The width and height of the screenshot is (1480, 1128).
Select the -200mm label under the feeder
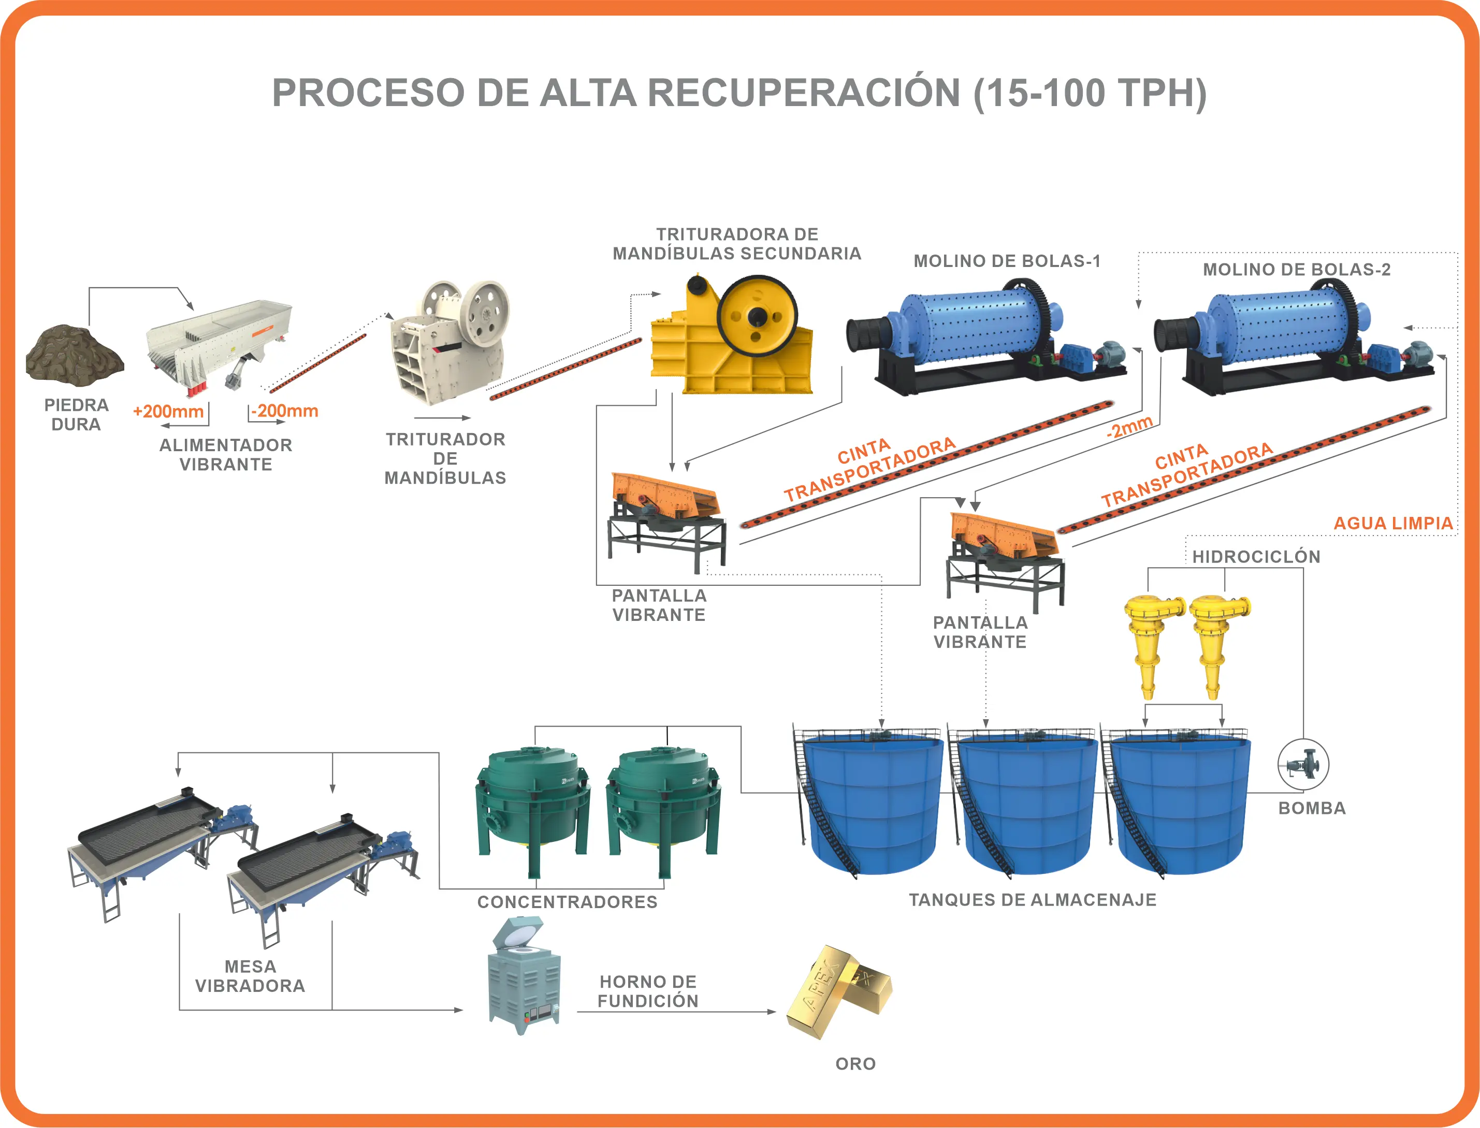285,411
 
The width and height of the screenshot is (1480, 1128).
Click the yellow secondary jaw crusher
732,336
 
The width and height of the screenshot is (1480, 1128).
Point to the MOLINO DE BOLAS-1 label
1006,261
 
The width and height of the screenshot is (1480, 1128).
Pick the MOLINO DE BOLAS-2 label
1296,270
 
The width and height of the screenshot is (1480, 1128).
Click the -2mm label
1130,426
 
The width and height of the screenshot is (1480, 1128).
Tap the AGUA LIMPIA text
1392,523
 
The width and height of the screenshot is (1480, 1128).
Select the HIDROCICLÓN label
1256,557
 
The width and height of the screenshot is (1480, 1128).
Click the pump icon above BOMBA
1303,764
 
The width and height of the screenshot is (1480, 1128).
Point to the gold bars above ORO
840,990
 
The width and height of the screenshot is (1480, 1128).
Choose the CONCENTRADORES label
567,902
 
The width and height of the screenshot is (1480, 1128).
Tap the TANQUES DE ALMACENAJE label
1032,900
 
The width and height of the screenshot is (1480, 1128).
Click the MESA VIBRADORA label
250,976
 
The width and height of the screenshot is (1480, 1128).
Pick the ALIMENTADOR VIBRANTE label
226,454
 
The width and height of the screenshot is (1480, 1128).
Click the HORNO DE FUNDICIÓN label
648,991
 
